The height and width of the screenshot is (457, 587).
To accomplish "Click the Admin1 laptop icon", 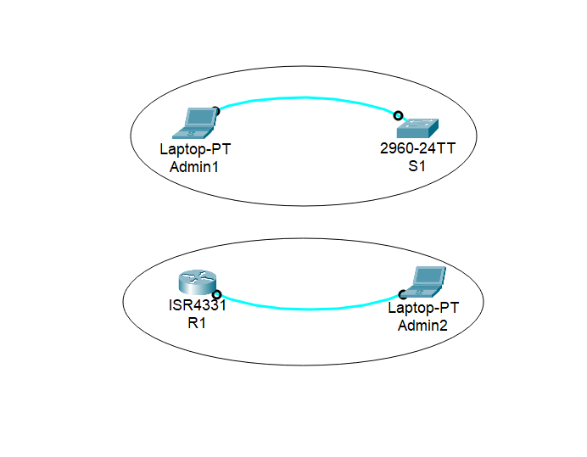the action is (194, 123).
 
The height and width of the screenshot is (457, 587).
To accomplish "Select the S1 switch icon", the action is (417, 128).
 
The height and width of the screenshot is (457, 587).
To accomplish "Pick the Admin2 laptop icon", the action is (425, 282).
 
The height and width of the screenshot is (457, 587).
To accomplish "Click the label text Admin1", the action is (194, 167).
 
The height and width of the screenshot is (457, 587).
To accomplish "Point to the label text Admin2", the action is (423, 325).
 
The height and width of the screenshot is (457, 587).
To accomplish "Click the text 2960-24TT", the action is (418, 149).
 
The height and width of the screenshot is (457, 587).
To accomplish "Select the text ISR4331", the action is (197, 305).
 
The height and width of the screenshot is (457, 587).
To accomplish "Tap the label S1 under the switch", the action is (417, 166).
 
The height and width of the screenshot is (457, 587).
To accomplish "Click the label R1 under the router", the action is (197, 323).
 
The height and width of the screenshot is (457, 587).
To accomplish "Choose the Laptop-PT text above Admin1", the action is (195, 149).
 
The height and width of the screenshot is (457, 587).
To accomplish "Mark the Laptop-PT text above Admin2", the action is (423, 308).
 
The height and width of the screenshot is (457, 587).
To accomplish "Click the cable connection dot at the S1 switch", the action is (398, 116).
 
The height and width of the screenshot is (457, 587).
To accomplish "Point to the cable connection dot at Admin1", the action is (216, 111).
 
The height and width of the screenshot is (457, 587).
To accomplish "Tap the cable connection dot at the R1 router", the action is (216, 295).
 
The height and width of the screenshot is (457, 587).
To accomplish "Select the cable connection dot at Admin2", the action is (403, 295).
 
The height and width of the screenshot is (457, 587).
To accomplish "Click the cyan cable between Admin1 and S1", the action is (305, 98).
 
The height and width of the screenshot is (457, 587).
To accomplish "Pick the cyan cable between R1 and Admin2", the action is (310, 309).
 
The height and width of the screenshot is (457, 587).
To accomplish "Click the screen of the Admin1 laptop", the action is (200, 118).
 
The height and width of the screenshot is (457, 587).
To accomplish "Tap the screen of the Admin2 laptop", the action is (430, 277).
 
